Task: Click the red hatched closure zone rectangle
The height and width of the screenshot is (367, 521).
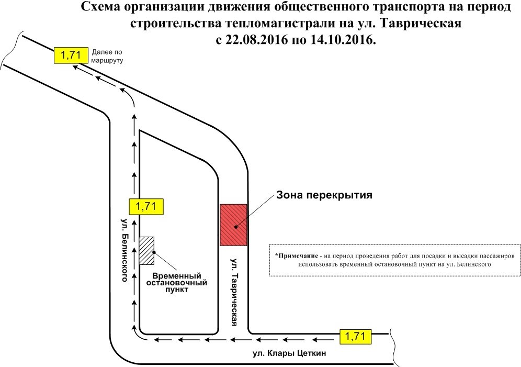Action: (x=233, y=225)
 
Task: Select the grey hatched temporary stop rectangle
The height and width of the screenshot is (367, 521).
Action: (x=146, y=251)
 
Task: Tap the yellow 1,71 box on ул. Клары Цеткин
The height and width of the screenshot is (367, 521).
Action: (x=355, y=337)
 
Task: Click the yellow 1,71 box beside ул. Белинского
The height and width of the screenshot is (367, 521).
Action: (x=146, y=207)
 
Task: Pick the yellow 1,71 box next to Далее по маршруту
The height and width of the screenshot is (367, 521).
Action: (x=71, y=55)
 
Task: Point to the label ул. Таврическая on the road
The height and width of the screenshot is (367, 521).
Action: (x=234, y=292)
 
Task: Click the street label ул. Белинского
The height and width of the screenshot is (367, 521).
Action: (x=124, y=250)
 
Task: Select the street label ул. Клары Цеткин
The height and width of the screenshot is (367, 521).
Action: (x=289, y=353)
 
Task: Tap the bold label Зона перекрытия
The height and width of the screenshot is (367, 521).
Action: (x=324, y=195)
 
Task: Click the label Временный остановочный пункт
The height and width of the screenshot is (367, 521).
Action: (x=177, y=283)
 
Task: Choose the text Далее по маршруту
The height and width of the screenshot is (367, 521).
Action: (x=107, y=56)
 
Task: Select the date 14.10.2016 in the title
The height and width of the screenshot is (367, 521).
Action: (x=344, y=40)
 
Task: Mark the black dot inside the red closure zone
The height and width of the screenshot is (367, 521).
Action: (x=235, y=227)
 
